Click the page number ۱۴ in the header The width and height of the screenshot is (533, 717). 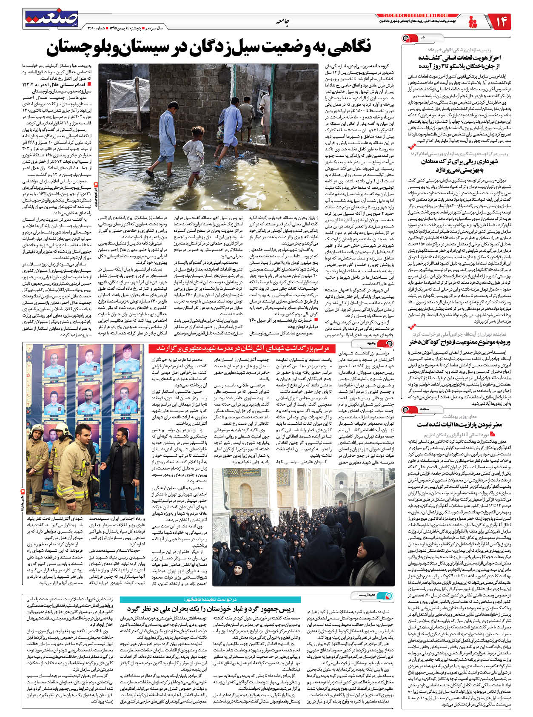pyautogui.click(x=501, y=22)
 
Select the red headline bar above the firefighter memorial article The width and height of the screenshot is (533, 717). pyautogui.click(x=239, y=348)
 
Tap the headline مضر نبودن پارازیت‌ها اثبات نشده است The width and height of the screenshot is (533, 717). pyautogui.click(x=459, y=424)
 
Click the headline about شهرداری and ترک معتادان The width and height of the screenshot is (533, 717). pyautogui.click(x=459, y=165)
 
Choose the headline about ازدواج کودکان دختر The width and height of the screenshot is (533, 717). pyautogui.click(x=460, y=342)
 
